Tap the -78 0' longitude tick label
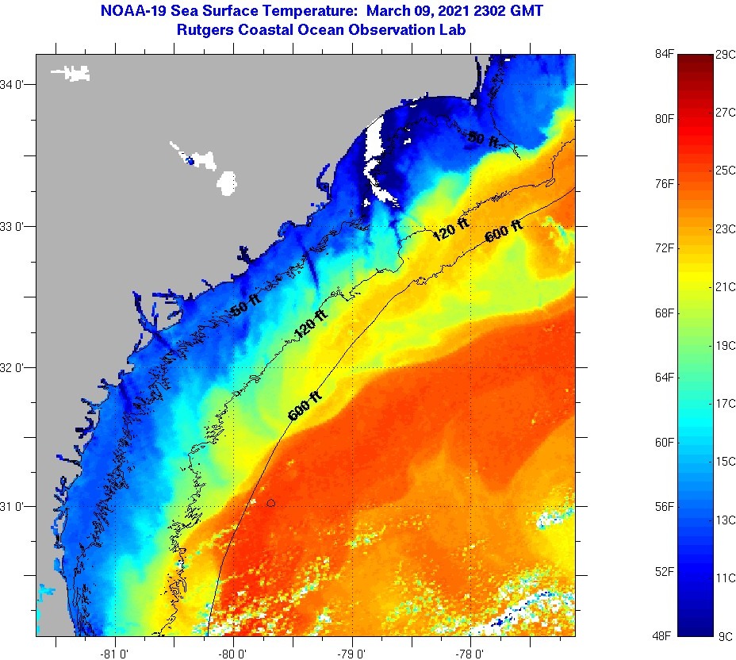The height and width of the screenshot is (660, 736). (468, 654)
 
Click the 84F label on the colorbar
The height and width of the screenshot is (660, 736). (664, 54)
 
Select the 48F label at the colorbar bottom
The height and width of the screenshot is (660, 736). (664, 636)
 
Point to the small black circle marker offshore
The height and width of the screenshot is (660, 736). (271, 503)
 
